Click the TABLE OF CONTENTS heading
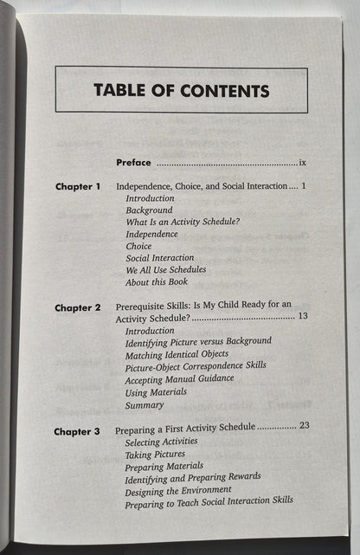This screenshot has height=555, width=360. (x=181, y=91)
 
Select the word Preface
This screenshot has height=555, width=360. (x=133, y=162)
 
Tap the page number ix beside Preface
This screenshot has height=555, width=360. (x=302, y=162)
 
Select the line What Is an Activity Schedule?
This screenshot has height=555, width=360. (x=183, y=222)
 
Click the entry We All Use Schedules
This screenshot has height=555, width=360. (x=165, y=269)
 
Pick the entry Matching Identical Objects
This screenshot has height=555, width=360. (x=177, y=354)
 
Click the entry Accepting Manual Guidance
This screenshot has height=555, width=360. (x=179, y=378)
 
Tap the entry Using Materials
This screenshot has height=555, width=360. (x=157, y=391)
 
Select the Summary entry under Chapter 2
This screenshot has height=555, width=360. (x=145, y=403)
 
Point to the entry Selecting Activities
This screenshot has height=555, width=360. (x=162, y=441)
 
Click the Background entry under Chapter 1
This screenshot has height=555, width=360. (x=149, y=210)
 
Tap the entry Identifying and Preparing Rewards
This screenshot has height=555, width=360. (x=193, y=476)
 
